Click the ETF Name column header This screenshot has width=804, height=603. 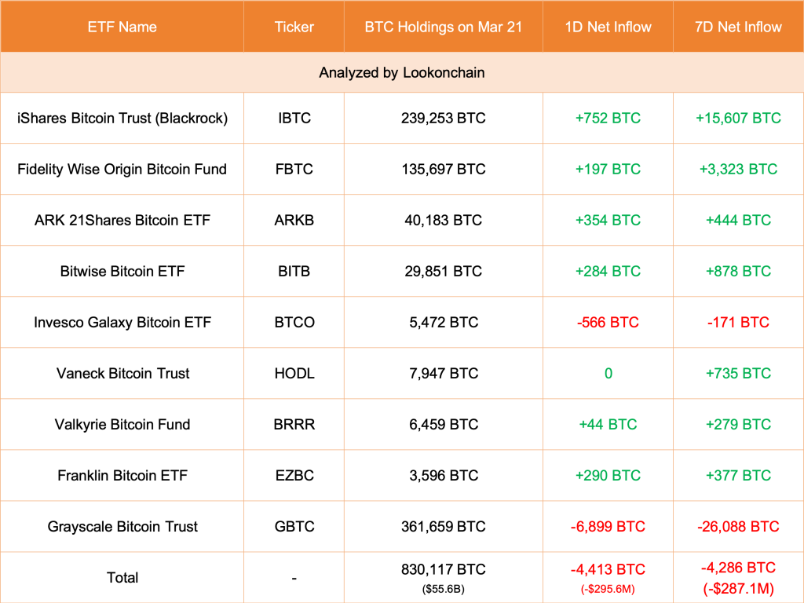122,27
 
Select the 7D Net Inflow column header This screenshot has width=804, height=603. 738,27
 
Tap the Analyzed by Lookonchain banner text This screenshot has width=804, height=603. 401,72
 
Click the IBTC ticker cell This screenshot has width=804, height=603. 294,118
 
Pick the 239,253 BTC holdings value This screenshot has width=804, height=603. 443,118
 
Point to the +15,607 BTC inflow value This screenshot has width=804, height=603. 738,118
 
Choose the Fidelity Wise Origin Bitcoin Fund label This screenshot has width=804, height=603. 122,169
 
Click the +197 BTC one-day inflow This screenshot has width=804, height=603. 608,169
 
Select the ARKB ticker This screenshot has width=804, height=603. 294,220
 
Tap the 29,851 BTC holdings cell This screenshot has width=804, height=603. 443,271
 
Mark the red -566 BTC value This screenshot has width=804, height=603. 608,322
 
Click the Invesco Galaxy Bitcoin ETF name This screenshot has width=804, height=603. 122,322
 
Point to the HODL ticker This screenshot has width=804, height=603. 294,373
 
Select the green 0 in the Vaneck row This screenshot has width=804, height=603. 608,373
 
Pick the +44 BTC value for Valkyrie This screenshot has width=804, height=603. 608,424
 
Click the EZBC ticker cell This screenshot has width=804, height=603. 294,475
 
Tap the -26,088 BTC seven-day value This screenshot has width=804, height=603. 738,526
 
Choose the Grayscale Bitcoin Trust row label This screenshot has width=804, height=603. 122,526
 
